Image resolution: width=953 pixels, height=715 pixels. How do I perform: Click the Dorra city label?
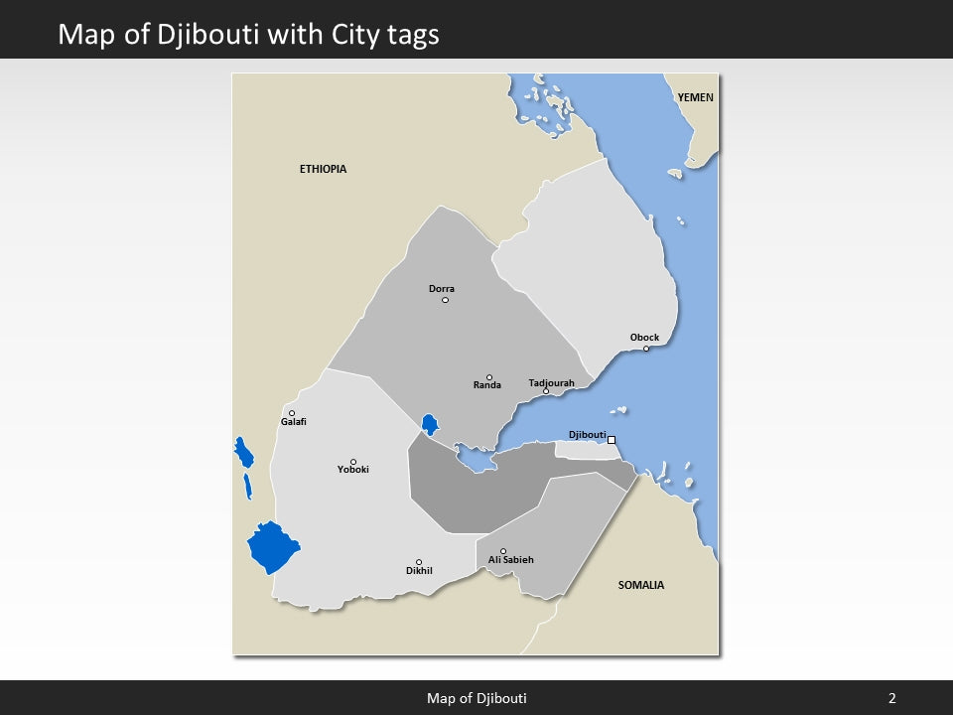tap(442, 289)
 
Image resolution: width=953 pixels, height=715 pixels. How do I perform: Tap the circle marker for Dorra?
tap(445, 300)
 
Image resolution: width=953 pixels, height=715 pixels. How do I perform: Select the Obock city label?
tap(644, 338)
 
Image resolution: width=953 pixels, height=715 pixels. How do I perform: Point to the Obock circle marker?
tap(646, 349)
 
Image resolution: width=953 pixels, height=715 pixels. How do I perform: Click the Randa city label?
tap(486, 385)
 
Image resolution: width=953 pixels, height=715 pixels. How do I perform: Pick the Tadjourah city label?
tap(551, 383)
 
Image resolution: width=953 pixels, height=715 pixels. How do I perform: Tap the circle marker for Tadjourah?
tap(545, 391)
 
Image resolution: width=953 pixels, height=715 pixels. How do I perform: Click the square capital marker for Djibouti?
tap(612, 440)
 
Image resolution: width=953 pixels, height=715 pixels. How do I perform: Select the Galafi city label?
tap(294, 422)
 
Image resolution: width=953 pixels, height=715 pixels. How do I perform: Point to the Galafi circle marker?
tap(292, 413)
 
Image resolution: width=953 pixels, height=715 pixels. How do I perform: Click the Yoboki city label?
tap(352, 470)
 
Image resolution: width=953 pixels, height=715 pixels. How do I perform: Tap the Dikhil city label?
tap(419, 571)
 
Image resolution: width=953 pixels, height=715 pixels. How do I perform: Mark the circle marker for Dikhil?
tap(419, 562)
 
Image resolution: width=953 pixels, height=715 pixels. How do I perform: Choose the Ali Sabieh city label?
tap(510, 560)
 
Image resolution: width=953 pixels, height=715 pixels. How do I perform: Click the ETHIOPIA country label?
tap(323, 169)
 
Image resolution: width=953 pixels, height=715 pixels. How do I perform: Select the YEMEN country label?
tap(695, 98)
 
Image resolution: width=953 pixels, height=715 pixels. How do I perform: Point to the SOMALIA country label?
tap(641, 585)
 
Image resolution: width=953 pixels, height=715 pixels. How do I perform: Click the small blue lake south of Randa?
tap(430, 425)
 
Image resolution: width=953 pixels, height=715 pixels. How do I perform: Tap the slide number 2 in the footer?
tap(891, 698)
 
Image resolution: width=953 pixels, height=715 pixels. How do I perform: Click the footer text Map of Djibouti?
tap(476, 698)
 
